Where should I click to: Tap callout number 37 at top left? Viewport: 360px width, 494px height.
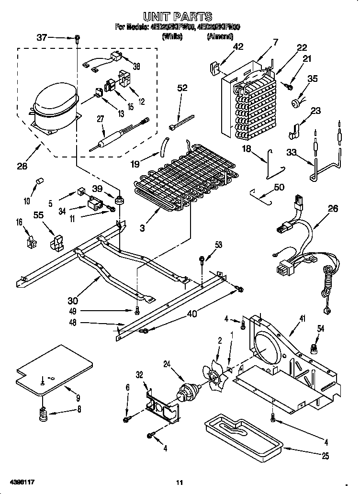coord(43,37)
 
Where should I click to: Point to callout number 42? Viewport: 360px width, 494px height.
coord(238,47)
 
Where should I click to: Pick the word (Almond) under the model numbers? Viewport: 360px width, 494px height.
coord(220,36)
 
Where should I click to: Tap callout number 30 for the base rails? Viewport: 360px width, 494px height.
coord(73,301)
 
